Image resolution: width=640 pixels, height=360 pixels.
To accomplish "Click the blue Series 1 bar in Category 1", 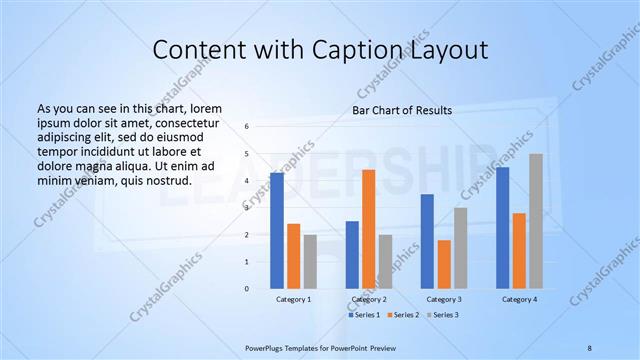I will (x=277, y=230).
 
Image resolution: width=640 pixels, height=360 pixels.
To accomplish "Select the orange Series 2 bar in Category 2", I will (x=369, y=229).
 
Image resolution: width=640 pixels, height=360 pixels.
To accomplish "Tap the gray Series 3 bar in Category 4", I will (x=536, y=221).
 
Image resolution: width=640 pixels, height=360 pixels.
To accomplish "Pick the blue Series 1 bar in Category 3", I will (x=427, y=241).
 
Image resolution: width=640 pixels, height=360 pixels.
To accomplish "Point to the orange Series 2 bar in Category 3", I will (x=444, y=264).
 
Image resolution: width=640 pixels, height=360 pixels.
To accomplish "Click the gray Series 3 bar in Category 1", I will (x=310, y=261).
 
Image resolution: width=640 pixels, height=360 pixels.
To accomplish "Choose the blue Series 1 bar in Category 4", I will (x=502, y=227).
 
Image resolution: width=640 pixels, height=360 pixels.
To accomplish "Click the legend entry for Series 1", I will (x=364, y=315).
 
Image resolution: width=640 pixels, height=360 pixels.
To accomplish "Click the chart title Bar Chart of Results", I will (x=402, y=110).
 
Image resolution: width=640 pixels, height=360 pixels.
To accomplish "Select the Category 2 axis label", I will (x=369, y=299).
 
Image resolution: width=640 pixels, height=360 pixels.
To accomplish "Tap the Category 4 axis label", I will (x=519, y=299).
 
